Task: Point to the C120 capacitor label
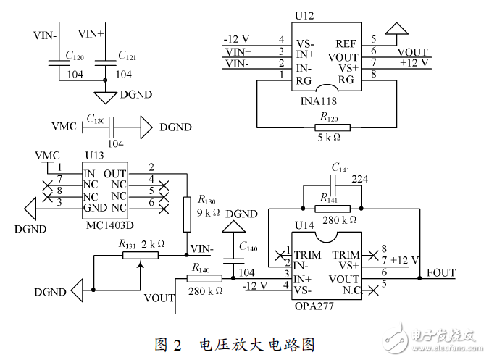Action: click(x=74, y=55)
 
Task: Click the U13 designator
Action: click(x=95, y=155)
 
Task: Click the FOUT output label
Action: click(x=442, y=272)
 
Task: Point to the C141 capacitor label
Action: click(x=340, y=168)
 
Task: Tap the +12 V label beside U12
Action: click(x=414, y=62)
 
